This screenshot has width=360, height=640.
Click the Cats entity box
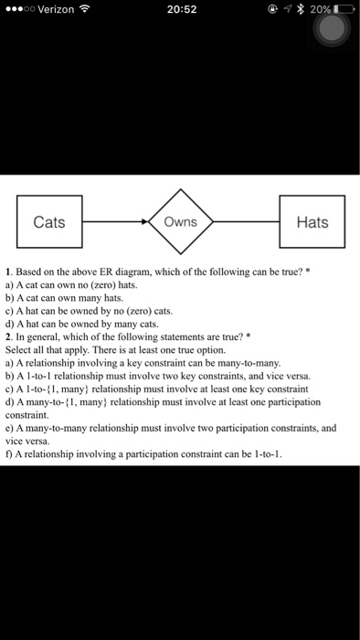click(x=48, y=221)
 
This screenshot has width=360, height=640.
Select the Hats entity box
click(x=312, y=221)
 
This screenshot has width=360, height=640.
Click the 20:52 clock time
click(x=179, y=10)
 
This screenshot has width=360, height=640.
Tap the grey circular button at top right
click(x=333, y=27)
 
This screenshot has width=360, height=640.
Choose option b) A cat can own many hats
click(x=64, y=297)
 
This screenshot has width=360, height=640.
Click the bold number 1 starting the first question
click(x=7, y=272)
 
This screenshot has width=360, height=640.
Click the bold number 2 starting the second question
click(x=7, y=336)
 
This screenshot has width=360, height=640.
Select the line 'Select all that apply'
click(x=110, y=348)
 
